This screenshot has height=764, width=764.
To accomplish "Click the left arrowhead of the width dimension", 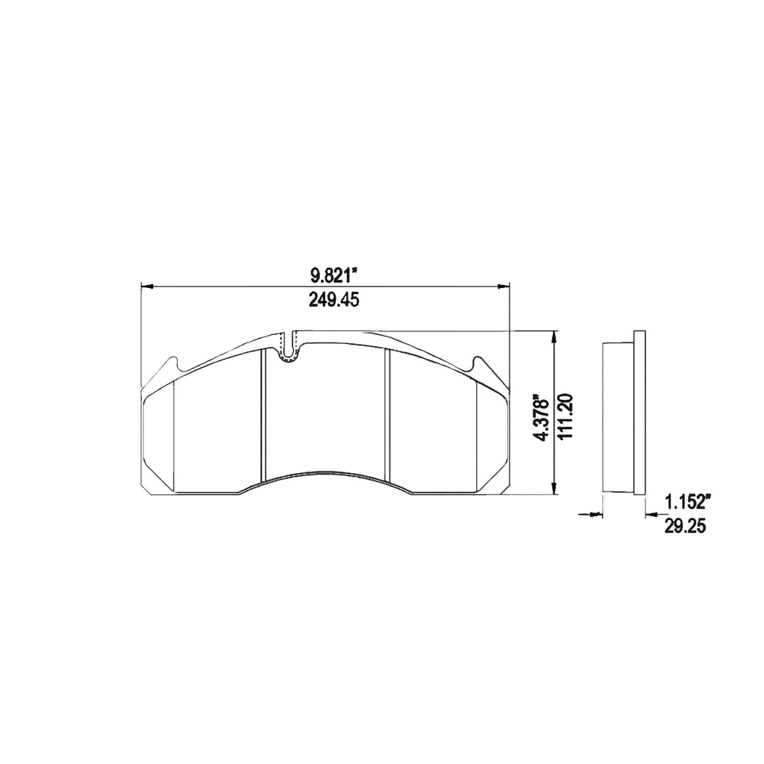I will [147, 286].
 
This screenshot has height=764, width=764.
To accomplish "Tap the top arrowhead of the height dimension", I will [553, 337].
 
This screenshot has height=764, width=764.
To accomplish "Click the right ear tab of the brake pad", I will [478, 366].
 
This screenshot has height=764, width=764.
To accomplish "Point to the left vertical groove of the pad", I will [262, 418].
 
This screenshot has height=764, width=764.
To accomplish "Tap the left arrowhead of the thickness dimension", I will [597, 513].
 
